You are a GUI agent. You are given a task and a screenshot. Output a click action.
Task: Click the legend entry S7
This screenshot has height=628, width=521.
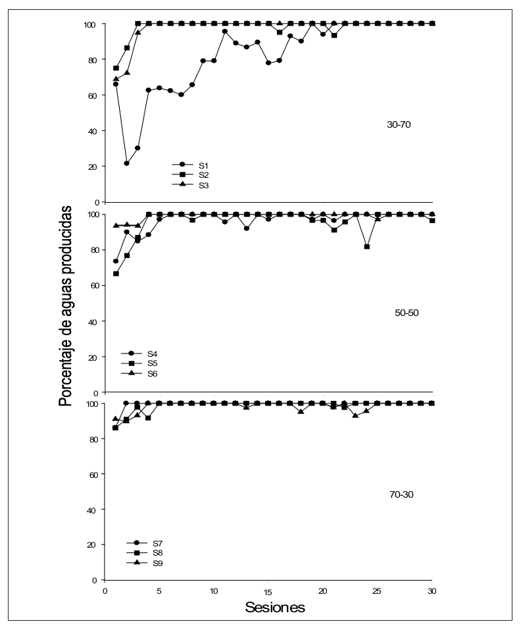click(x=157, y=542)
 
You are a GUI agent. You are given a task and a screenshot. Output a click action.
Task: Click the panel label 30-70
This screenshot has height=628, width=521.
click(x=399, y=123)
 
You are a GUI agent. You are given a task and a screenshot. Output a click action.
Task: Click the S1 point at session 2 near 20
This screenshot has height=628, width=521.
click(x=127, y=163)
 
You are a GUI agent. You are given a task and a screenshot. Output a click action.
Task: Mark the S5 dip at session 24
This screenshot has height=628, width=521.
click(x=366, y=247)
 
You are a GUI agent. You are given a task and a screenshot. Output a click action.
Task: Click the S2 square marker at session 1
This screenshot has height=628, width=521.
click(x=116, y=68)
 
